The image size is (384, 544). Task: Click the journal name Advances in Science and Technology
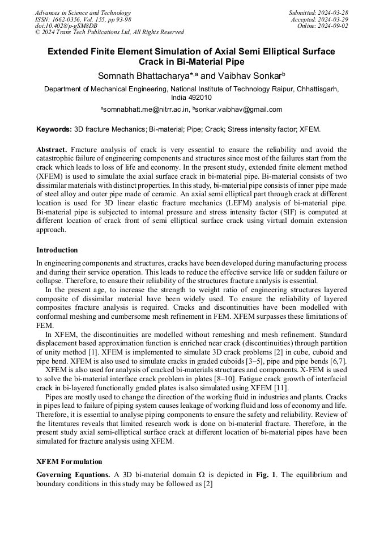[x=83, y=12]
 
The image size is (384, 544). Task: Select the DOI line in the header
[x=66, y=26]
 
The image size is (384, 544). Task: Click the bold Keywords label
[x=54, y=130]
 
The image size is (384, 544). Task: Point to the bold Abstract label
[x=52, y=149]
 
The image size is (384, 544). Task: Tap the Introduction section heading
[x=57, y=250]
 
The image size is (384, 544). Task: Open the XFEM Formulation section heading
[x=69, y=462]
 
